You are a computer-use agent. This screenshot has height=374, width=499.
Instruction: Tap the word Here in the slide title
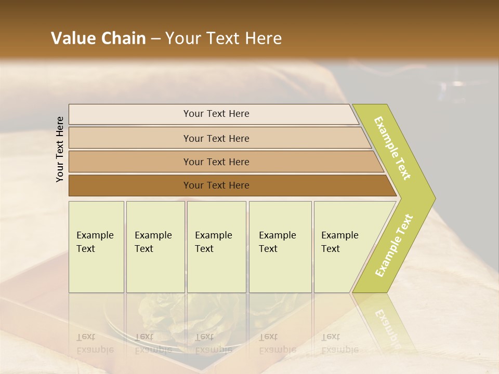tap(263, 38)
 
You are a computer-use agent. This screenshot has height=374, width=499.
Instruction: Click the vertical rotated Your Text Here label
tap(60, 149)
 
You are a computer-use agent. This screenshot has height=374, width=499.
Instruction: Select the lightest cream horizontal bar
tap(216, 114)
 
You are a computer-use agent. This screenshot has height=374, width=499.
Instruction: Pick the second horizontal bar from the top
tap(216, 138)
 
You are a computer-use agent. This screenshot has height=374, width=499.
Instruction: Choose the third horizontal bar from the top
tap(216, 162)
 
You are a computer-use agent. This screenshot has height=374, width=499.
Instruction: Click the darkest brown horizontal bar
tap(216, 185)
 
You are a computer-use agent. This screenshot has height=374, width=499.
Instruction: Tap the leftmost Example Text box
tap(96, 246)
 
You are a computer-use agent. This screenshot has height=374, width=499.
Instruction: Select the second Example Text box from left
tap(155, 246)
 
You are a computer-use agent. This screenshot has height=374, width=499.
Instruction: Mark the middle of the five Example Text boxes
tap(216, 246)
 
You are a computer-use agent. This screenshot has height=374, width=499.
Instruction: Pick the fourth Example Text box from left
tap(280, 246)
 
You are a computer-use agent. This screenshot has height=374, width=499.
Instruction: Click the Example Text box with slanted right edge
tap(343, 246)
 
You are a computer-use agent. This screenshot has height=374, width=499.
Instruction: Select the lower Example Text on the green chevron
tap(393, 245)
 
